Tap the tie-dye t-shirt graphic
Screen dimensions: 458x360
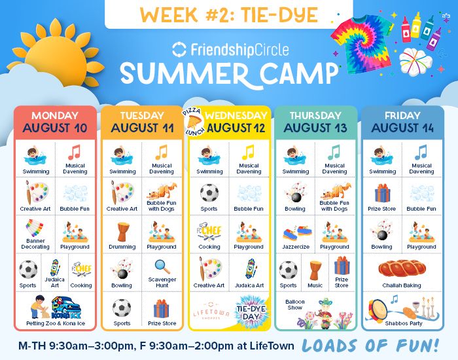[x=362, y=44]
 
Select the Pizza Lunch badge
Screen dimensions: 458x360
[x=194, y=122]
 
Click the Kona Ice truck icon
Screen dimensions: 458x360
[x=66, y=308]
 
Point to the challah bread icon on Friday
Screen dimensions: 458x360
[x=402, y=268]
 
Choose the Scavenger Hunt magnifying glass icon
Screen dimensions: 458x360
[x=162, y=267]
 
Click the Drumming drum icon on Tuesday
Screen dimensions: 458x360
[x=122, y=232]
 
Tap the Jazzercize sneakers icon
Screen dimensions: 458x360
[x=297, y=233]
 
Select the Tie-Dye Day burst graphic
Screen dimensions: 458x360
[x=251, y=312]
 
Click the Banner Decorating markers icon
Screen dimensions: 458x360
[x=35, y=228]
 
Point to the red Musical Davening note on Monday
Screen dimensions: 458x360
[x=75, y=153]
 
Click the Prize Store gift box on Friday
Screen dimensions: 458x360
[x=382, y=193]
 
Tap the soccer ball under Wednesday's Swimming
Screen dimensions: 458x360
[x=209, y=193]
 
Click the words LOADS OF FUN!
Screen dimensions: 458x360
[x=370, y=346]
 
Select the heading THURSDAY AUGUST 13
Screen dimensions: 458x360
[x=315, y=122]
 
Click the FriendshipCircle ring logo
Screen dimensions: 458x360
[x=179, y=49]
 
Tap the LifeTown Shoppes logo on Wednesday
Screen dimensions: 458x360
[x=211, y=312]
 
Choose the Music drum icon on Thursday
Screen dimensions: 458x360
[x=315, y=270]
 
